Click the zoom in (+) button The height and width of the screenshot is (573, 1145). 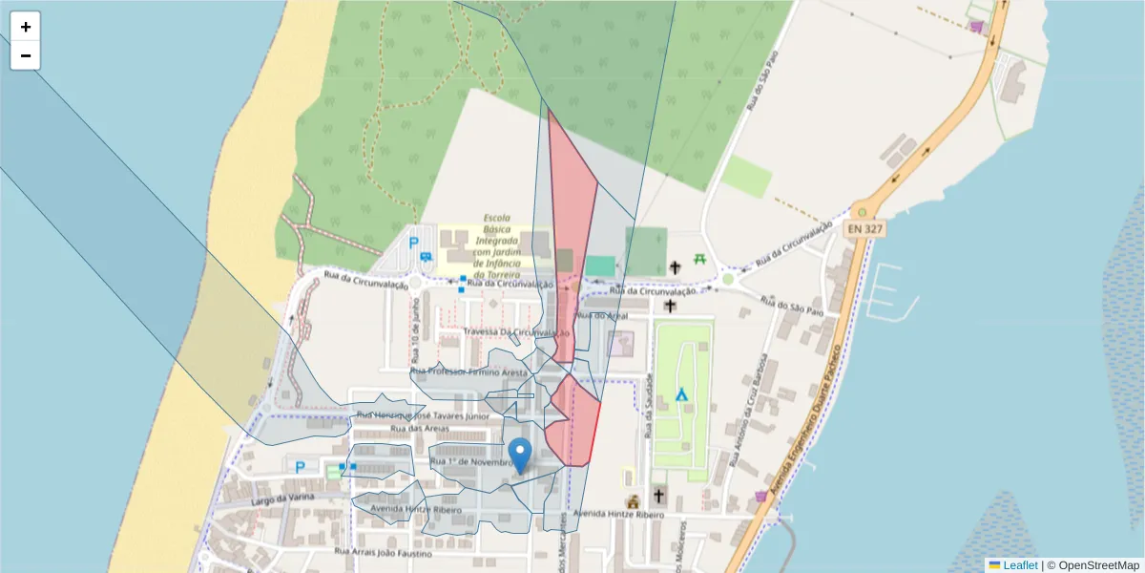click(26, 27)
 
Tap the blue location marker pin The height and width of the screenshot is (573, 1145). click(520, 455)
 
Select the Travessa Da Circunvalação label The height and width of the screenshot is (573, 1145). click(516, 332)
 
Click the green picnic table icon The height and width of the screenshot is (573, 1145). click(700, 259)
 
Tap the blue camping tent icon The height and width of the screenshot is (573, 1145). click(682, 393)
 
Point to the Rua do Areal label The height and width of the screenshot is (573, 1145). click(601, 314)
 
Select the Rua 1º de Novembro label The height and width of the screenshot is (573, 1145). click(471, 462)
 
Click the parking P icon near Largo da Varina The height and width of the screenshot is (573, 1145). click(301, 467)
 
